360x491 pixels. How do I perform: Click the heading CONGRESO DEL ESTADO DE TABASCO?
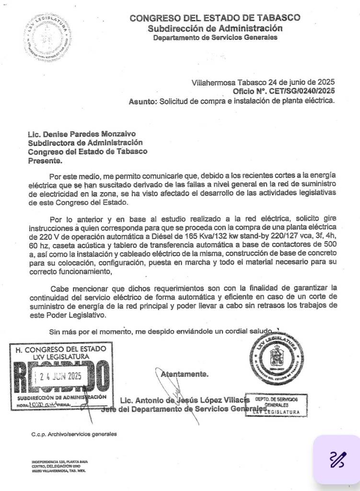(x=215, y=18)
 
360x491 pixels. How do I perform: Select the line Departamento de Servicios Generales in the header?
(x=215, y=37)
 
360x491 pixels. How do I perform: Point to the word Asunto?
(x=142, y=102)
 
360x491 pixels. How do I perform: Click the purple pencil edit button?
(x=337, y=460)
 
